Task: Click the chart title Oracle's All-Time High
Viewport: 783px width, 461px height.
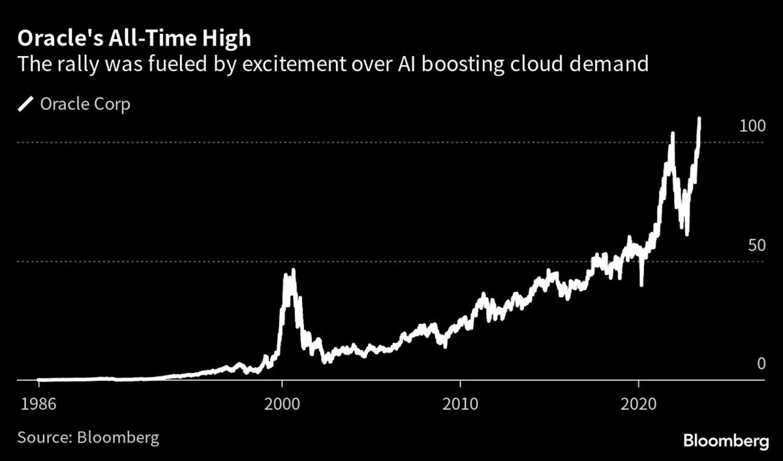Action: click(x=134, y=38)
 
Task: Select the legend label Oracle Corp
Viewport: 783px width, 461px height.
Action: click(x=85, y=104)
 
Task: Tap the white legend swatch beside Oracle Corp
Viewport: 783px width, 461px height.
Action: click(x=27, y=104)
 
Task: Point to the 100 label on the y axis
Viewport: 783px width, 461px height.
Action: click(x=752, y=126)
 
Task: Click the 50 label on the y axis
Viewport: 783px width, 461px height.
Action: click(x=756, y=246)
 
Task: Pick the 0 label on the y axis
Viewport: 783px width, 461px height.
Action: click(x=760, y=364)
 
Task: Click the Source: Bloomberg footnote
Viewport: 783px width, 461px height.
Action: click(x=88, y=436)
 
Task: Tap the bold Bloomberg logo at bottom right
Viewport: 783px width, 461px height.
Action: click(x=726, y=441)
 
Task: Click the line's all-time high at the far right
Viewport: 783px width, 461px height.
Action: click(x=699, y=119)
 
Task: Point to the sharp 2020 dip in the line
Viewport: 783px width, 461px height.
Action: click(x=642, y=284)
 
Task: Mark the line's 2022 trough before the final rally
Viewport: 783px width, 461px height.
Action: click(x=686, y=233)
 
